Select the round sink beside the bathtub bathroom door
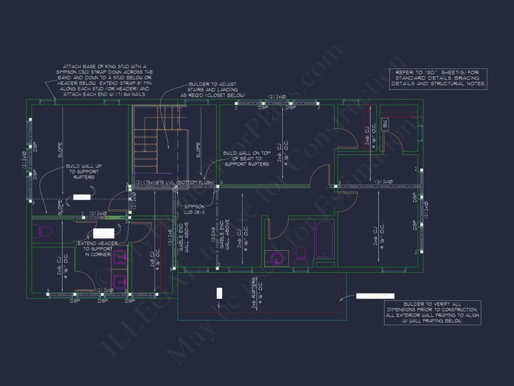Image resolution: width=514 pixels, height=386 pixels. coord(277,259)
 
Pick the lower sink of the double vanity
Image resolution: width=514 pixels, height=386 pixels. coord(118,282)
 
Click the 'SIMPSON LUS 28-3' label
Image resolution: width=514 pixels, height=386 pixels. coord(193,209)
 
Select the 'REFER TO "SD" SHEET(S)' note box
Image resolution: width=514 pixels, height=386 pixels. coord(438,79)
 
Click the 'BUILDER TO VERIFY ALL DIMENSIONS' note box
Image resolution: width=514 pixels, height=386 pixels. coord(432,313)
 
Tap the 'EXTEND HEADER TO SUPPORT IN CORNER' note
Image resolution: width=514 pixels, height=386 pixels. coord(98,249)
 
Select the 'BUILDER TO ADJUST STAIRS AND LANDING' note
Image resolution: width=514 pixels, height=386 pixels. coord(213,89)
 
